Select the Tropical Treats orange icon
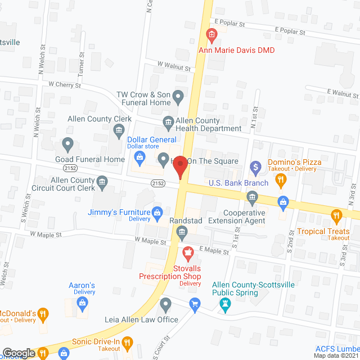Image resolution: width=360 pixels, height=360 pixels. tap(336, 214)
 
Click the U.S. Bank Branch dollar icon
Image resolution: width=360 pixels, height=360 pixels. tap(255, 166)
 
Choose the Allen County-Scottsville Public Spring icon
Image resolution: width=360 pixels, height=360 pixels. tap(226, 305)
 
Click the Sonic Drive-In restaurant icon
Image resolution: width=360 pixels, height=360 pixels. tap(127, 341)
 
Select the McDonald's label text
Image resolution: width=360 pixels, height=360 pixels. tap(18, 313)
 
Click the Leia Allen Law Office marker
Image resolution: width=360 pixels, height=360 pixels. tap(165, 305)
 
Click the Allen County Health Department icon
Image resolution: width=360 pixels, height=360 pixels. tap(168, 121)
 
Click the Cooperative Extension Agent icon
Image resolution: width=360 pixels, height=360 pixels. tap(252, 196)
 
